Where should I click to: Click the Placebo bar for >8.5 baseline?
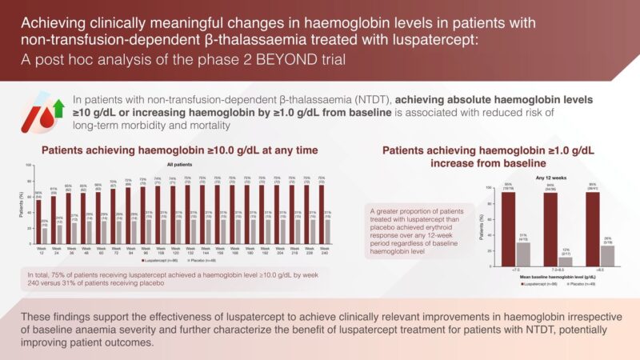610,233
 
